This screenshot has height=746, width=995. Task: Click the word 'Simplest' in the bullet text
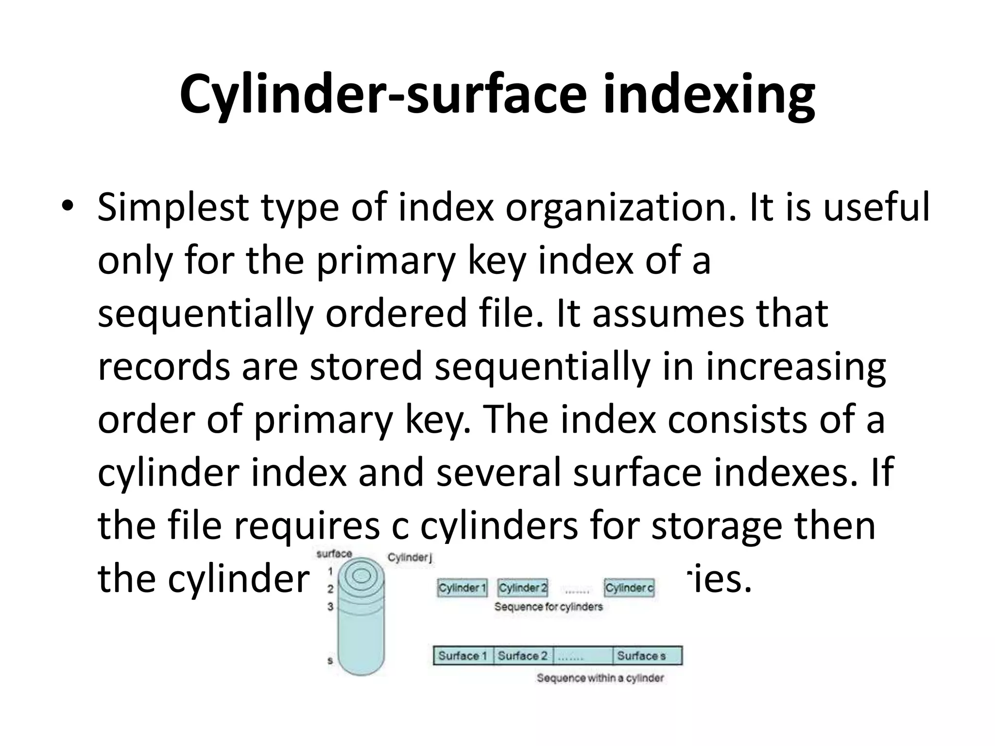pyautogui.click(x=173, y=207)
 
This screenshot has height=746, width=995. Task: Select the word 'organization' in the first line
pyautogui.click(x=617, y=207)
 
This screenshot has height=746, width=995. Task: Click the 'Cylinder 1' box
pyautogui.click(x=462, y=588)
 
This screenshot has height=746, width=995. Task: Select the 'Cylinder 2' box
pyautogui.click(x=523, y=588)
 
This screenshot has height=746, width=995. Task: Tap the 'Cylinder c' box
pyautogui.click(x=629, y=588)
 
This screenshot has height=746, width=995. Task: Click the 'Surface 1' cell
pyautogui.click(x=463, y=656)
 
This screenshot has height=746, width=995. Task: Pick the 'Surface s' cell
pyautogui.click(x=641, y=656)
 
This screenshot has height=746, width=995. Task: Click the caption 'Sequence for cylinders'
pyautogui.click(x=549, y=607)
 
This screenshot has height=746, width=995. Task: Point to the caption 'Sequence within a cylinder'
pyautogui.click(x=600, y=678)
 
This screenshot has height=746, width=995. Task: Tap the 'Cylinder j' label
pyautogui.click(x=409, y=558)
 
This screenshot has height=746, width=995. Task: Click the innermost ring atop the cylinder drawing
pyautogui.click(x=361, y=576)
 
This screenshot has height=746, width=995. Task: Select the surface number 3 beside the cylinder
pyautogui.click(x=330, y=607)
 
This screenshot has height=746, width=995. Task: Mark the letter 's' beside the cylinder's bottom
pyautogui.click(x=330, y=661)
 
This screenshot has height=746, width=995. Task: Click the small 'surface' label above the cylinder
pyautogui.click(x=334, y=554)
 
